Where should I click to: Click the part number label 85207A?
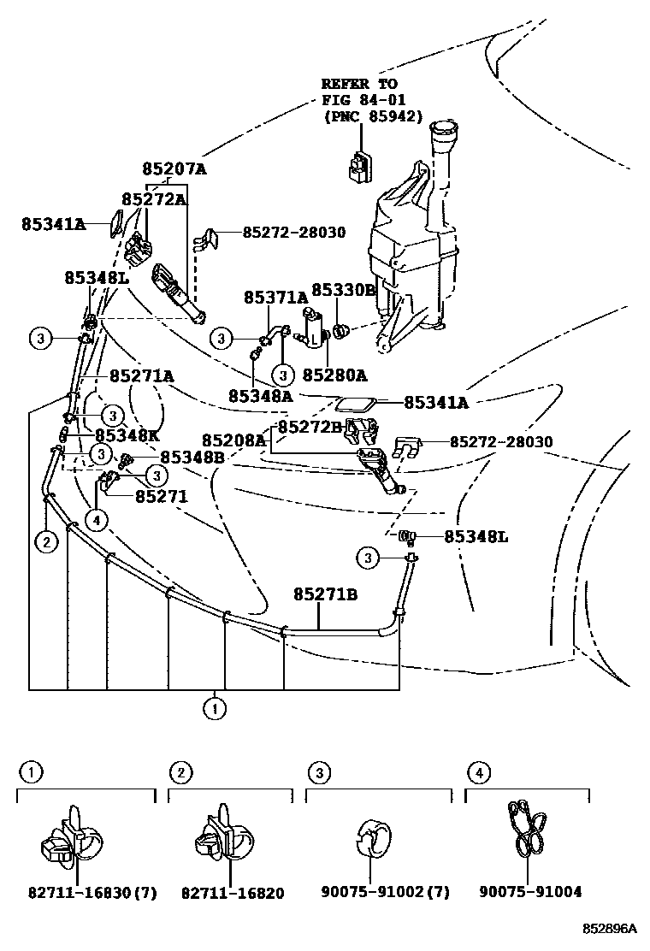[x=174, y=169]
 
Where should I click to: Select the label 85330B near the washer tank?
[x=343, y=290]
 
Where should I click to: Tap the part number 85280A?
[x=334, y=375]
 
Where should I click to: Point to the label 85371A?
[x=275, y=298]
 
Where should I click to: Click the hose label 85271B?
[x=325, y=594]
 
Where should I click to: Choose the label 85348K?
[x=127, y=434]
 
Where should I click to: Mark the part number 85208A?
[x=235, y=440]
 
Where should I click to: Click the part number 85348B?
[x=192, y=458]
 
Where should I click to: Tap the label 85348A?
[x=260, y=396]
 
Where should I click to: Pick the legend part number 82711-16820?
[x=233, y=893]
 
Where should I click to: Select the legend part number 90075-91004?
[x=530, y=892]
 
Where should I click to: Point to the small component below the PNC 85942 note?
[x=358, y=166]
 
